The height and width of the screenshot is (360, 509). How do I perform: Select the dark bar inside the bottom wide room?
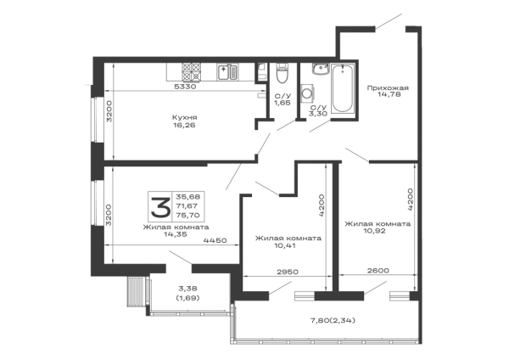click(332, 319)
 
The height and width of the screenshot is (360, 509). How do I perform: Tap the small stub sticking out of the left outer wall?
click(86, 84)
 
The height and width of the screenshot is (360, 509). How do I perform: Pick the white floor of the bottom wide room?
click(271, 320)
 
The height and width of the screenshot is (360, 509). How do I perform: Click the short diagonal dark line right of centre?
click(355, 153)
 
